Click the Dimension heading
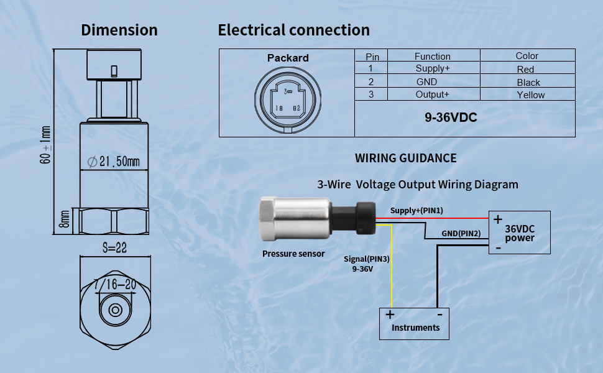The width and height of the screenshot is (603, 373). pyautogui.click(x=119, y=30)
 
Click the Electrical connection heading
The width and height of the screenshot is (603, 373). pyautogui.click(x=293, y=30)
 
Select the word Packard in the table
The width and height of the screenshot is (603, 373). pyautogui.click(x=288, y=58)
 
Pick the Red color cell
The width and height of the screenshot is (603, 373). pyautogui.click(x=525, y=70)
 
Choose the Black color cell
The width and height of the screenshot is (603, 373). pyautogui.click(x=528, y=82)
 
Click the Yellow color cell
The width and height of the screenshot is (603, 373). pyautogui.click(x=530, y=95)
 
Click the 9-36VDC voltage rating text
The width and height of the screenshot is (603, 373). pyautogui.click(x=451, y=117)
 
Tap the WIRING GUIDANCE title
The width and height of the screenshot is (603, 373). pyautogui.click(x=405, y=158)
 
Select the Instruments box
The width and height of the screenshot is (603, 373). pyautogui.click(x=415, y=323)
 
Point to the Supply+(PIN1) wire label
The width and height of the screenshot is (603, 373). pyautogui.click(x=417, y=211)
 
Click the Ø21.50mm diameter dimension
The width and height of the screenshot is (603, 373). pyautogui.click(x=114, y=162)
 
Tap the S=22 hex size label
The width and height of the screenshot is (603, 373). pyautogui.click(x=114, y=247)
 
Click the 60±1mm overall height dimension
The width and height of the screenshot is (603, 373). pyautogui.click(x=45, y=145)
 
